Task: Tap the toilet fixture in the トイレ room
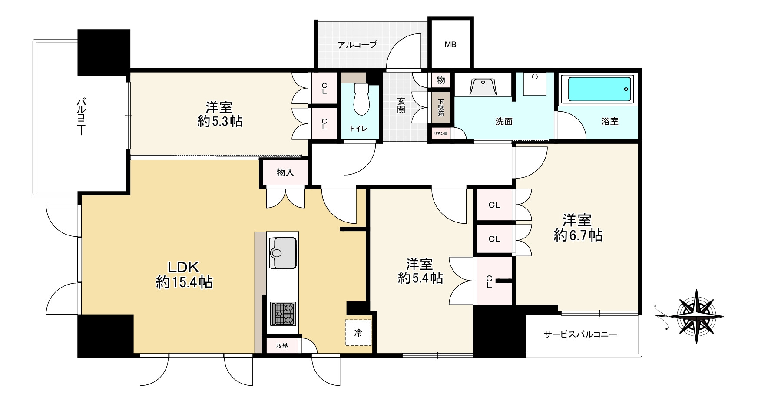coord(361,99)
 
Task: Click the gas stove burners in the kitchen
coord(284,314)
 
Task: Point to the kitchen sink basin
coord(283,253)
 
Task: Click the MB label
coord(450,44)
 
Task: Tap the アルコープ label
coord(357,44)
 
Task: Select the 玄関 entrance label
coord(401,105)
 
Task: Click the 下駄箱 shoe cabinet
coord(441,107)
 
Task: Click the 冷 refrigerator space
coord(358,333)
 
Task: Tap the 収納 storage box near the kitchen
coord(282,346)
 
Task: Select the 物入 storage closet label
coord(285,172)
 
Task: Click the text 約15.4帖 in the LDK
coord(184,283)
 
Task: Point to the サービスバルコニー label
coord(580,334)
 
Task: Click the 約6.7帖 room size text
coord(578,235)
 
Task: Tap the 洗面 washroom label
coord(504,122)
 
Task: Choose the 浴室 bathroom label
coord(610,122)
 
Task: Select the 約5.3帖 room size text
coord(220,121)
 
